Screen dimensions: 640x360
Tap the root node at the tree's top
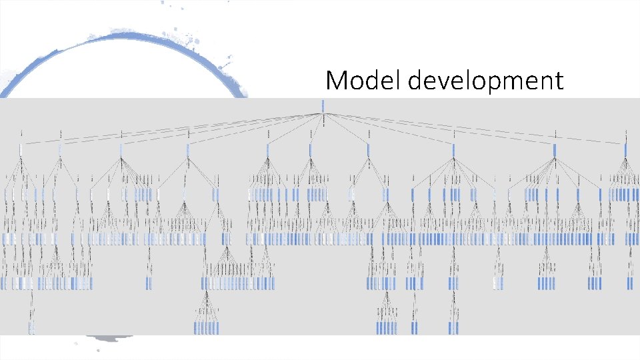323,105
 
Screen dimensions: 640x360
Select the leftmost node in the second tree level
21,150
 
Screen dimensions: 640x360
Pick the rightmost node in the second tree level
625,150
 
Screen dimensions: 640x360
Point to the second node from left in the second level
60,150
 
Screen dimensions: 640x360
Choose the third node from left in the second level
121,150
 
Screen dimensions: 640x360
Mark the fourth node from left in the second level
188,150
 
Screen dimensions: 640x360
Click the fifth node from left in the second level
268,150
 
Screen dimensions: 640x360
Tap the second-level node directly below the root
310,150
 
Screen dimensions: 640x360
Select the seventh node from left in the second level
368,150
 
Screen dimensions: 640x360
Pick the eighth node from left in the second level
453,150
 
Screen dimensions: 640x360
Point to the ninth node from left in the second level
555,150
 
